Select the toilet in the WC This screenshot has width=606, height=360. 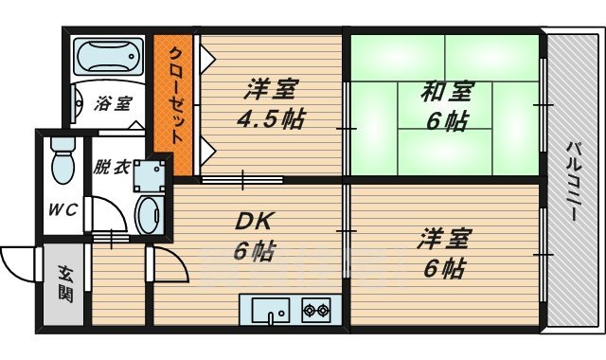click(x=62, y=159)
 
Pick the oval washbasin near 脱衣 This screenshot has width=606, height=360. click(x=150, y=214)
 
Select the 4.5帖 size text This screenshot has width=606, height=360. click(x=272, y=119)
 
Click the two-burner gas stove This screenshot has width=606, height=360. click(x=314, y=310)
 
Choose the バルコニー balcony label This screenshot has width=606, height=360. click(x=573, y=181)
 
